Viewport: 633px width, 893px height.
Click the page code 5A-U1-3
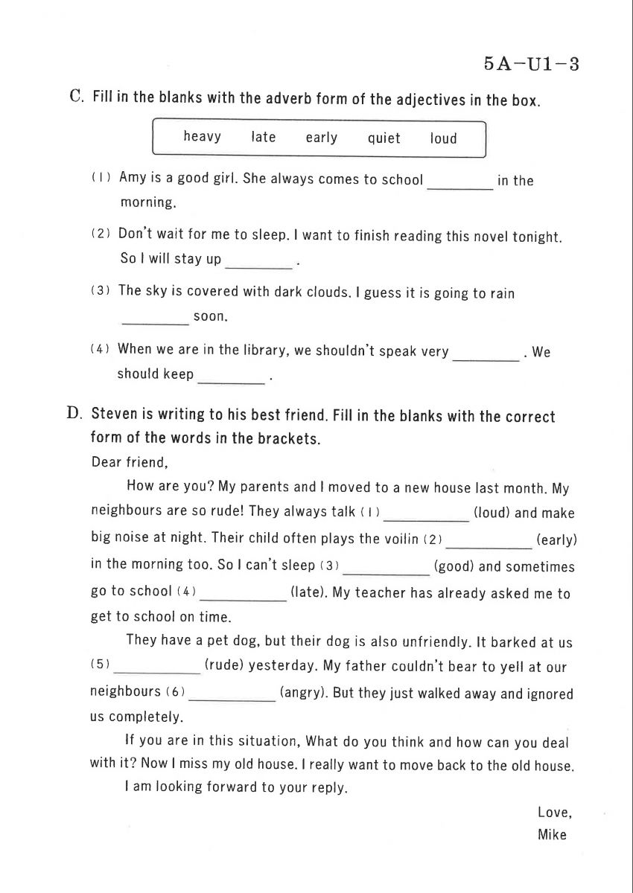pos(531,64)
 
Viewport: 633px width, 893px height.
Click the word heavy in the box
pos(202,137)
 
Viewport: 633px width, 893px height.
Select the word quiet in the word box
pos(384,138)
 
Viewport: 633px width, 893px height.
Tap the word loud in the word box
pos(443,138)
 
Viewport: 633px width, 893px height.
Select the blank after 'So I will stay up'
pos(257,263)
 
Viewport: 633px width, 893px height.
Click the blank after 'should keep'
pos(231,379)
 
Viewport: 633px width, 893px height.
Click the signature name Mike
pos(552,834)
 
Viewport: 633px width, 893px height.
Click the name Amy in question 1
pos(132,179)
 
